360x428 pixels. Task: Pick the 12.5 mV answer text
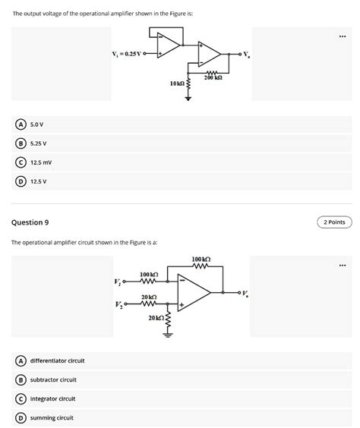pos(41,162)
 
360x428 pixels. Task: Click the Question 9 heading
pos(30,222)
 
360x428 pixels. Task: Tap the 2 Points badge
pos(334,222)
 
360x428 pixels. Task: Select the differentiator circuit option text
pos(57,360)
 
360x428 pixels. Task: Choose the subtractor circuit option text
pos(53,379)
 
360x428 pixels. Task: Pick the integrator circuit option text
pos(53,398)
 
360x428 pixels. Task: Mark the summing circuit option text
pos(52,417)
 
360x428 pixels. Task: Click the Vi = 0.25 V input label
pos(128,53)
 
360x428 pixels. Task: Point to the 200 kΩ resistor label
pos(213,78)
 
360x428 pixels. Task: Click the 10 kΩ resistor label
pos(176,83)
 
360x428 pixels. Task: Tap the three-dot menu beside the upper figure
pos(343,35)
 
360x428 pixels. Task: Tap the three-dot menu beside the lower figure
pos(343,265)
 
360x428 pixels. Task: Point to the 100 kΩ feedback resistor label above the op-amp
pos(201,260)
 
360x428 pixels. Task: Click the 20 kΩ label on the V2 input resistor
pos(149,297)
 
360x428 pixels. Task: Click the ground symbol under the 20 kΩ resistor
pos(169,339)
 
